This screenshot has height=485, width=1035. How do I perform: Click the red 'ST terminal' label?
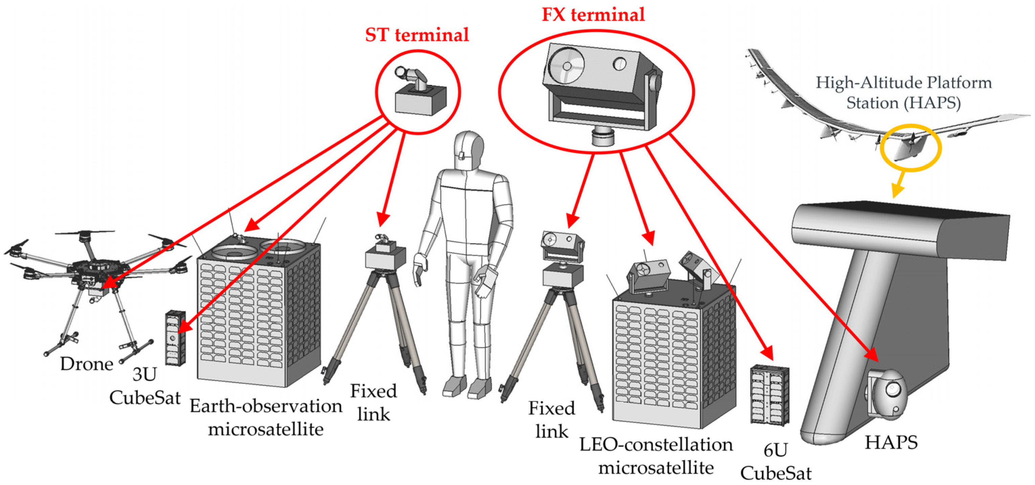click(x=417, y=35)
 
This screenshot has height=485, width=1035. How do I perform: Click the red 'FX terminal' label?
click(x=593, y=15)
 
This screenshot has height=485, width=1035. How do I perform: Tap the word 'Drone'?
click(x=86, y=364)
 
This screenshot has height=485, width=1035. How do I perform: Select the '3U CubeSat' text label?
click(x=145, y=387)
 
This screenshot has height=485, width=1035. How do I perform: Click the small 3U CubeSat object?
click(x=175, y=337)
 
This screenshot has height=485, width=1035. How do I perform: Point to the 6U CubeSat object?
click(x=769, y=395)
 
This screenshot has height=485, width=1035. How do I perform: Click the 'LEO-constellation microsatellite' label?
click(x=656, y=456)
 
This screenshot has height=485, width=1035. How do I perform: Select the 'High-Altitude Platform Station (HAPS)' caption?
click(x=903, y=93)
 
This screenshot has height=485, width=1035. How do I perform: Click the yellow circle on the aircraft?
click(x=910, y=148)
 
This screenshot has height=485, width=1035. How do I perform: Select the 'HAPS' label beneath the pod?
click(x=891, y=443)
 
